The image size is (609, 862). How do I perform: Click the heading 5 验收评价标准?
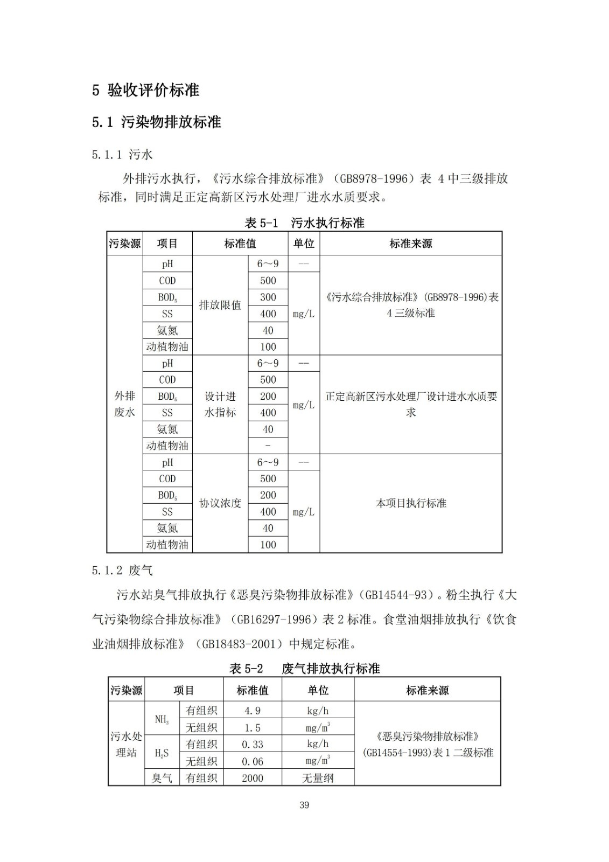coord(145,90)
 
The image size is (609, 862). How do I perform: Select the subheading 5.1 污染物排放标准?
coord(156,122)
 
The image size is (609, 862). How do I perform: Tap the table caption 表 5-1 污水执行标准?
coord(304,223)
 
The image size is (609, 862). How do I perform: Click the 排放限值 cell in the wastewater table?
coord(220,305)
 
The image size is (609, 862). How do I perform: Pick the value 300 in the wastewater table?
coord(268,297)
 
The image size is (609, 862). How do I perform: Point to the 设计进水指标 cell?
coord(220,404)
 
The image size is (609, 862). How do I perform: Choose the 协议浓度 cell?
coord(220,503)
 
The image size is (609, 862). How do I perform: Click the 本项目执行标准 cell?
coord(411,503)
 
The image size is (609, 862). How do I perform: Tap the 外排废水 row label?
coord(124,404)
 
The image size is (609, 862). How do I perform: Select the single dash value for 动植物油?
coord(268,446)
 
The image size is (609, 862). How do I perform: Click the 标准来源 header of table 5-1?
coord(411,244)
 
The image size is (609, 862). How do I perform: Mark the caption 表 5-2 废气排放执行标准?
coord(304,669)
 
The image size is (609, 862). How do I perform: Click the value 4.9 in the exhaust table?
coord(252,711)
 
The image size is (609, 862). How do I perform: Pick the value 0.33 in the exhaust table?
coord(252,744)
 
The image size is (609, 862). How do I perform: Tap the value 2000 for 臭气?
coord(252,777)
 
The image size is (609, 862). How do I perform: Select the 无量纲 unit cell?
coord(318,777)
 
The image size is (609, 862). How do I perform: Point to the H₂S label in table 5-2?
coord(162,753)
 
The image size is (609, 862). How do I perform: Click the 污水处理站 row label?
coord(126,744)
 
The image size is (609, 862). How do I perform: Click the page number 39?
coord(304,805)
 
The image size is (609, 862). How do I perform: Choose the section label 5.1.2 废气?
coord(122,570)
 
